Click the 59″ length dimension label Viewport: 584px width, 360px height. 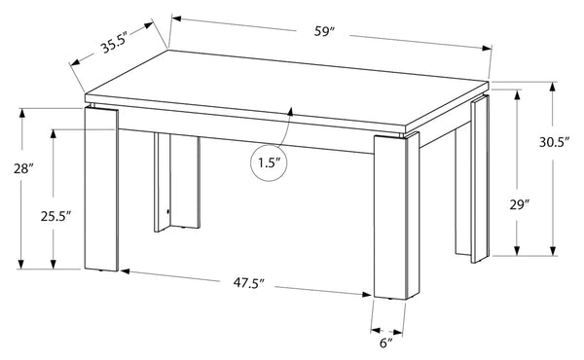click(x=322, y=32)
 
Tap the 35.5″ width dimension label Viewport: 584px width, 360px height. click(x=115, y=44)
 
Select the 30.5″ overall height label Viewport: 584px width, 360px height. click(x=554, y=143)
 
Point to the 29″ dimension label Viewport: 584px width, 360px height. click(x=520, y=205)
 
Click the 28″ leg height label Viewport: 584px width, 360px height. click(x=23, y=169)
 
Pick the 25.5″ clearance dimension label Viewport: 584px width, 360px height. click(x=55, y=216)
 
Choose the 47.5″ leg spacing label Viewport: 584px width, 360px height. click(x=248, y=283)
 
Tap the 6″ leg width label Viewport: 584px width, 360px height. click(x=386, y=342)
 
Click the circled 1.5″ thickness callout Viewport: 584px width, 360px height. click(x=269, y=163)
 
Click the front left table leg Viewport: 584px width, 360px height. click(x=101, y=189)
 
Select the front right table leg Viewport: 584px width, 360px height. click(x=396, y=216)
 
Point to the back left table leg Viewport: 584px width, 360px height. click(x=177, y=182)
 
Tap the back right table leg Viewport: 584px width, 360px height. click(x=472, y=179)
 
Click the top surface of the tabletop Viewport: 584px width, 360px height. click(x=287, y=90)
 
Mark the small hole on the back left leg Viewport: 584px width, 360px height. click(x=167, y=212)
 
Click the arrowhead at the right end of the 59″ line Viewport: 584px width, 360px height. click(x=488, y=48)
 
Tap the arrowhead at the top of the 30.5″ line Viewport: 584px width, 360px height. click(x=553, y=87)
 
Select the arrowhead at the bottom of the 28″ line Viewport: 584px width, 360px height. click(x=21, y=264)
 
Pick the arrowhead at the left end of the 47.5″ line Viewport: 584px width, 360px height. click(x=126, y=271)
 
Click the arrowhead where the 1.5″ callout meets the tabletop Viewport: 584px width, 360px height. click(x=290, y=112)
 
